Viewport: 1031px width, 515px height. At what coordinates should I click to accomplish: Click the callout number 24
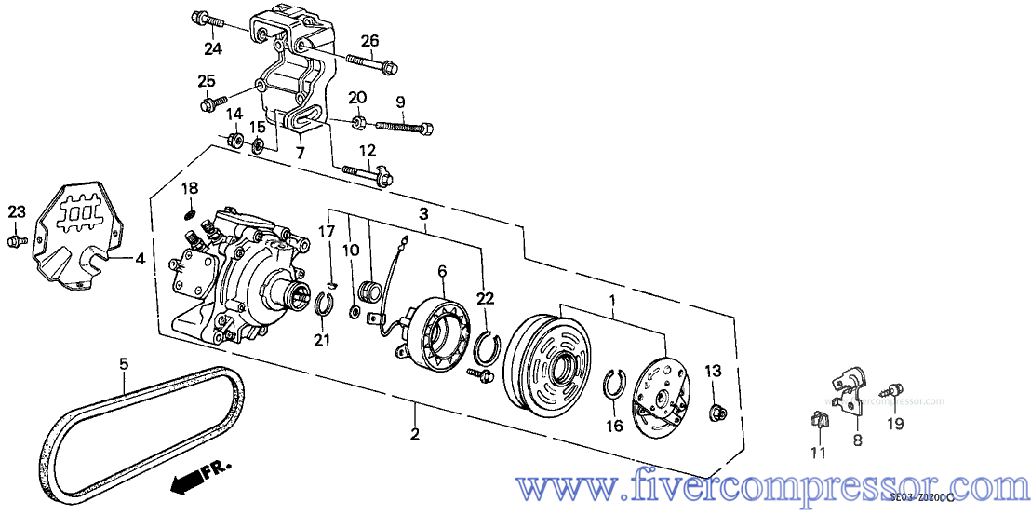214,47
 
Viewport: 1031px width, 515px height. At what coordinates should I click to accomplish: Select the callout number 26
370,40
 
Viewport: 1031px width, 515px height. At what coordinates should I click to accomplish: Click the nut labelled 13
718,412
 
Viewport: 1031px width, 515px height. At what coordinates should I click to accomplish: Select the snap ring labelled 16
614,385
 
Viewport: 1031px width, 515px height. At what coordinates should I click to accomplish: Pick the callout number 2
415,434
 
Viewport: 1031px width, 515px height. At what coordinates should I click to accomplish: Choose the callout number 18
190,188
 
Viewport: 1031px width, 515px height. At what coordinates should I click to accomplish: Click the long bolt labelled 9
406,126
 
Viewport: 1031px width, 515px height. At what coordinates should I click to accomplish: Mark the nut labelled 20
358,121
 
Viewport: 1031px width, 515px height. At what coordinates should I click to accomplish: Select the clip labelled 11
819,424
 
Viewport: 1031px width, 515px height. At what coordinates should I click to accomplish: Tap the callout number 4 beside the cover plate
140,260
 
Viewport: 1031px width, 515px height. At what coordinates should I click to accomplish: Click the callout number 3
423,214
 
